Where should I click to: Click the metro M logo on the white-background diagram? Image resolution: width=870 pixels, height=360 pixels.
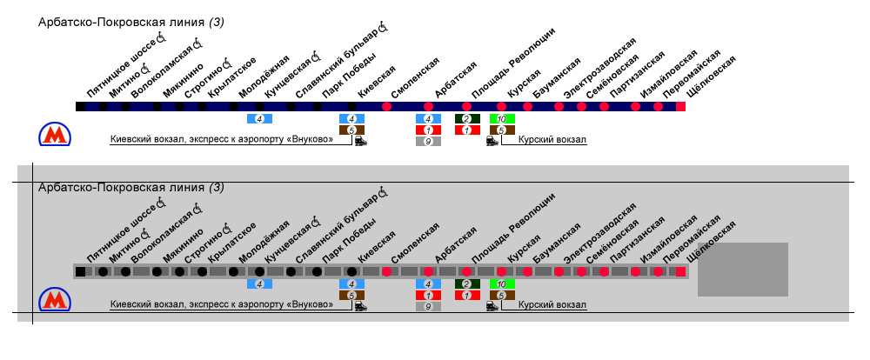55,135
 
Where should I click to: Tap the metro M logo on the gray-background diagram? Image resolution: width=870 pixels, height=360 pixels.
55,300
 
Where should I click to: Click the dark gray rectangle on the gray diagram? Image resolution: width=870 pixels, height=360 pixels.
742,270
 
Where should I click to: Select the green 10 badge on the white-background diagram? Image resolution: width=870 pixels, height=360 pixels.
502,118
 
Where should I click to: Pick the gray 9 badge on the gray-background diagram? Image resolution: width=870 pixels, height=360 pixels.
428,306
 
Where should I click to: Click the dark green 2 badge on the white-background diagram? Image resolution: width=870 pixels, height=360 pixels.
466,118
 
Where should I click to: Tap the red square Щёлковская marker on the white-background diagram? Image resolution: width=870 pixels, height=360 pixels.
680,106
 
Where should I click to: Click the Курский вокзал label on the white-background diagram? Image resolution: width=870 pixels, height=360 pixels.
552,140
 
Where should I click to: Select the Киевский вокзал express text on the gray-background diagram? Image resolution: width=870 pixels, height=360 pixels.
222,305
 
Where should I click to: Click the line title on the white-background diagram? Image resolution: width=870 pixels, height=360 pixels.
131,22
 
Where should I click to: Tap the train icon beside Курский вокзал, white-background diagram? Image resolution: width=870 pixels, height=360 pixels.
492,140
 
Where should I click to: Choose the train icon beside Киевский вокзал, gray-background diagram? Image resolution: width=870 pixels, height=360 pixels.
360,305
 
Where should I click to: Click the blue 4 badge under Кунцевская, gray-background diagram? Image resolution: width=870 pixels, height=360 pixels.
259,283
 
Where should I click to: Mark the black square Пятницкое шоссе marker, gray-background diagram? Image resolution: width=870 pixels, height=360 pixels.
80,271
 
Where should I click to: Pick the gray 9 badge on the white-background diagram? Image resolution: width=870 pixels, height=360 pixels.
428,141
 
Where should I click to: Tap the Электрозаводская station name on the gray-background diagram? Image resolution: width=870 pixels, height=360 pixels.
599,232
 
